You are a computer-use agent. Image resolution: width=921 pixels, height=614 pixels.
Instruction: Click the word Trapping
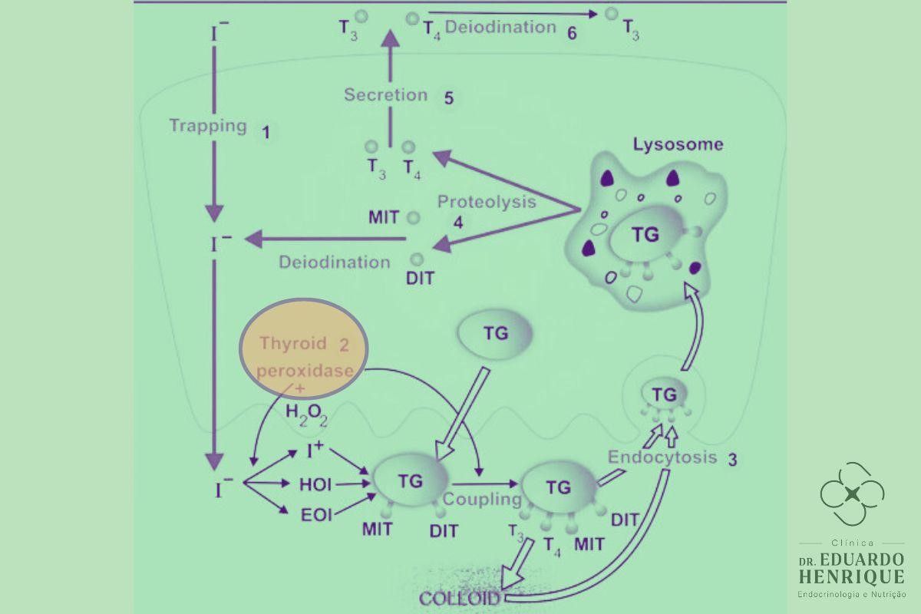point(208,125)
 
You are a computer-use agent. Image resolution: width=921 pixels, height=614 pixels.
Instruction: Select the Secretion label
point(385,95)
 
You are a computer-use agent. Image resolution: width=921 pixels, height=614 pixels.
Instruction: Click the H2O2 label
point(307,414)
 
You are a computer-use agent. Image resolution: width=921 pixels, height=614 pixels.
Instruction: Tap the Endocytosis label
point(662,457)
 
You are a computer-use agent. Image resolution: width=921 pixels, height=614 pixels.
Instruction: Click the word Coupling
point(481,500)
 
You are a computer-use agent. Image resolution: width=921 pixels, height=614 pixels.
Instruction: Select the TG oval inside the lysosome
point(645,236)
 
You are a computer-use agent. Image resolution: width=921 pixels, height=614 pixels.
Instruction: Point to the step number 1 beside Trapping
point(266,132)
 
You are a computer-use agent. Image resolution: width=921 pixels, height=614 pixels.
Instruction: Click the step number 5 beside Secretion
point(449,98)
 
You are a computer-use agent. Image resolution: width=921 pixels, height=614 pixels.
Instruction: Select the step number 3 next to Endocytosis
point(732,460)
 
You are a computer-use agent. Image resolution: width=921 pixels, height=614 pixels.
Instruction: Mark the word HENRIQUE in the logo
point(851,576)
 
